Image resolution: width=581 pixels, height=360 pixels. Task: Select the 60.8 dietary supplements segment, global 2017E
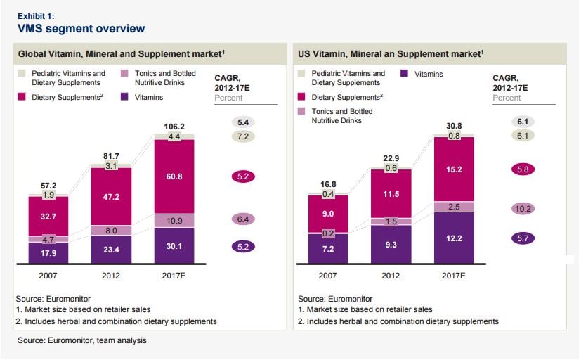point(175,176)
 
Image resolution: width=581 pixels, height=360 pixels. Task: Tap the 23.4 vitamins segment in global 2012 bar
point(111,248)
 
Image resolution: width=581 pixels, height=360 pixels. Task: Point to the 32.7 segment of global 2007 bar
point(48,217)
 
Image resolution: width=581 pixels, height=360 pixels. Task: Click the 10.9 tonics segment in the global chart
point(175,221)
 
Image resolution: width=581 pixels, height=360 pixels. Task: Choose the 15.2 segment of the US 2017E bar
point(454,169)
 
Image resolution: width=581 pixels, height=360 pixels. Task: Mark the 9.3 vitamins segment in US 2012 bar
point(391,243)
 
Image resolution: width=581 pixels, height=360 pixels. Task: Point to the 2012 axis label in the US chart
point(391,276)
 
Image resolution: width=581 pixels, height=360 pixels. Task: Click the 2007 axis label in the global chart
point(48,276)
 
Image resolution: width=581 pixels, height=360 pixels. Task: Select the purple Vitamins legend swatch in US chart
point(405,73)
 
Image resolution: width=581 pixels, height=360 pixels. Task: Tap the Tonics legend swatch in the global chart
point(124,74)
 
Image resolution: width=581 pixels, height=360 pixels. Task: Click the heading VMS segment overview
point(81,29)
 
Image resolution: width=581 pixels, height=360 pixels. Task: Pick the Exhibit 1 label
point(36,14)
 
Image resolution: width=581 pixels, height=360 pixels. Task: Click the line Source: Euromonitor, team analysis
point(83,341)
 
